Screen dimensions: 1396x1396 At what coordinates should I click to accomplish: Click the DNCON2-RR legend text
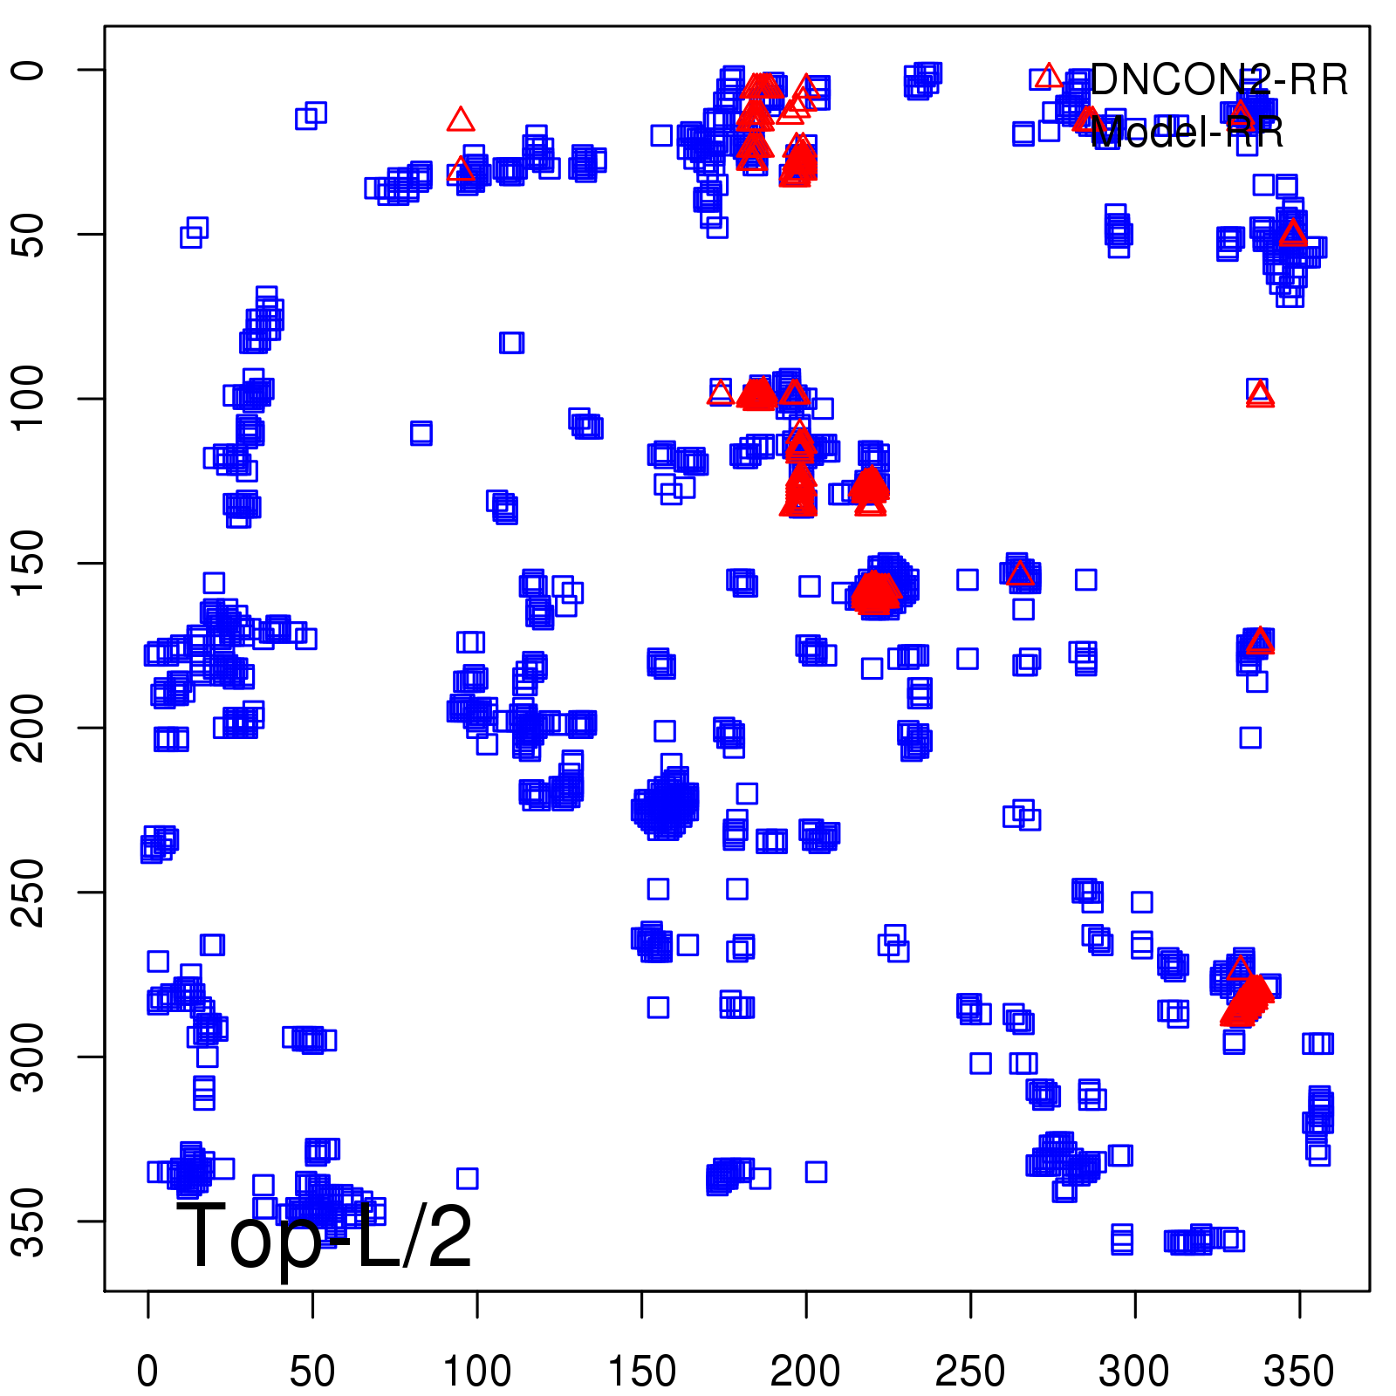pyautogui.click(x=1219, y=80)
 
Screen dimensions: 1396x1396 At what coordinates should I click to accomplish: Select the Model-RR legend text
pyautogui.click(x=1187, y=133)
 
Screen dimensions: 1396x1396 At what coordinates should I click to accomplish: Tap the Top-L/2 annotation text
pyautogui.click(x=325, y=1235)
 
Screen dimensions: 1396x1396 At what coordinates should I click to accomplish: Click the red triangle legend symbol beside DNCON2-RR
pyautogui.click(x=1049, y=77)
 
